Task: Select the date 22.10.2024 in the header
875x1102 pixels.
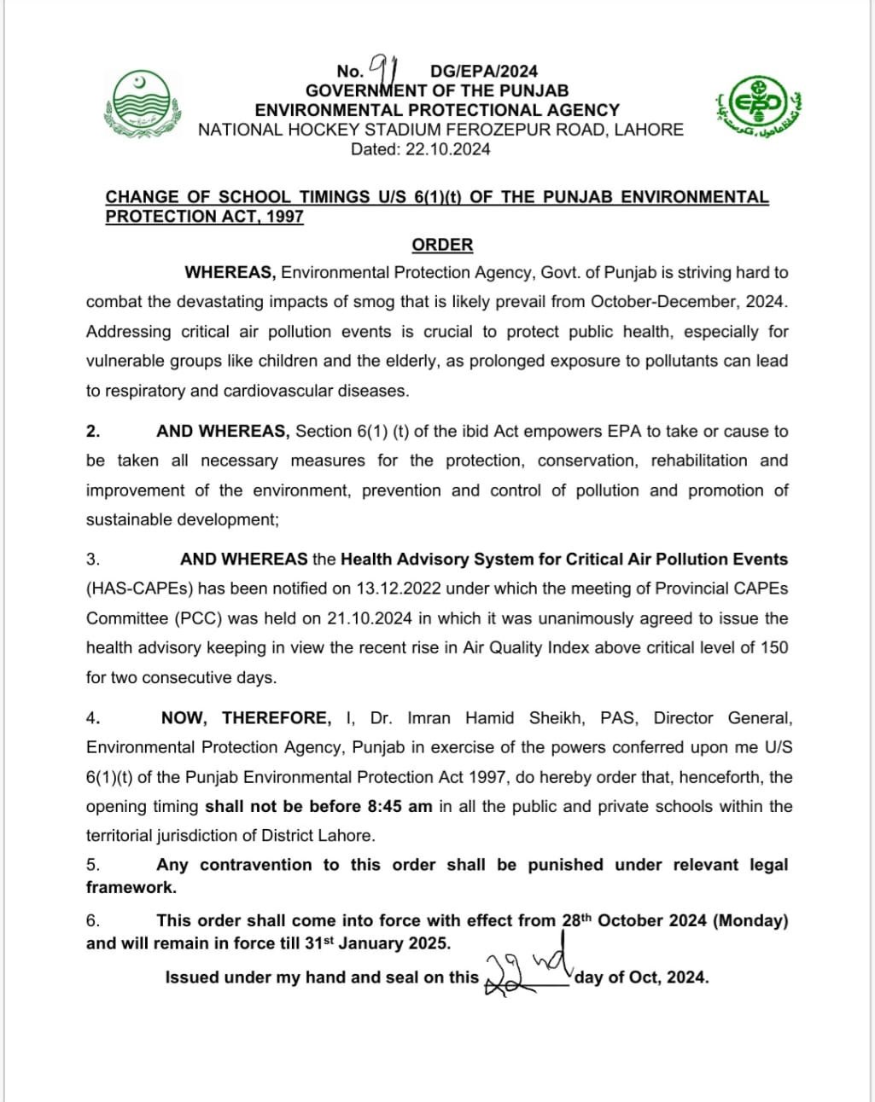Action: coord(448,149)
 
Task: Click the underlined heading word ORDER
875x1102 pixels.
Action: coord(442,245)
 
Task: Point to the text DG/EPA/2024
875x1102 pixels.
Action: coord(484,72)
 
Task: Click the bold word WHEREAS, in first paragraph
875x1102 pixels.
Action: coord(230,273)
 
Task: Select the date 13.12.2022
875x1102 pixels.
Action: coord(401,589)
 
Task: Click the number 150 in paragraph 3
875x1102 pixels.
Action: coord(774,647)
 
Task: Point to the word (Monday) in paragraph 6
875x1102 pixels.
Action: coord(750,921)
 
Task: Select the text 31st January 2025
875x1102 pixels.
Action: coord(377,943)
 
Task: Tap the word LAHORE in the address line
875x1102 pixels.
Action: coord(649,130)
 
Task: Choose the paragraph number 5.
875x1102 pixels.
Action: coord(93,865)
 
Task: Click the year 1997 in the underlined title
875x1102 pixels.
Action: coord(285,217)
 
